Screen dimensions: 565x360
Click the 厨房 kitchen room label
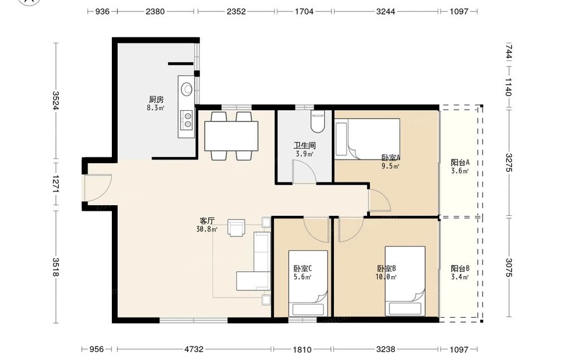pos(156,99)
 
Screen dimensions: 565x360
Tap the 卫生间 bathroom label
pos(305,146)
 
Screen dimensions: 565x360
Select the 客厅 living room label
pos(207,220)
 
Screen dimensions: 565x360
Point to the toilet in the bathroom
pos(318,122)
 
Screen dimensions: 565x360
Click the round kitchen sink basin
pos(186,89)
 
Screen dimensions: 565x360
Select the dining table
pos(231,136)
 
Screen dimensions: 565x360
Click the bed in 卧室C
pos(308,284)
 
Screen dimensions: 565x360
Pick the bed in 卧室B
pos(405,281)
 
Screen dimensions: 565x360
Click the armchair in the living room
pos(236,228)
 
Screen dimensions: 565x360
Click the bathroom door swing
pos(305,172)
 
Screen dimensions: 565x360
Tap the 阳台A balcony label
pos(460,163)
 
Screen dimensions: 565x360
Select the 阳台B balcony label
pos(460,268)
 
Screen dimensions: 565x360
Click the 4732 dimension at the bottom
pos(194,349)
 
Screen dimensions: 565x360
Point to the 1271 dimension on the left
pos(55,184)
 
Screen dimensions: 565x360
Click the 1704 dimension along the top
pos(304,11)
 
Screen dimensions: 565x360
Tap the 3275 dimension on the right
pos(508,163)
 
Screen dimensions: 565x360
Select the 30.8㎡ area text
pos(207,229)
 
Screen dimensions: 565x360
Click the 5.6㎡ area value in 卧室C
pos(303,277)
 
